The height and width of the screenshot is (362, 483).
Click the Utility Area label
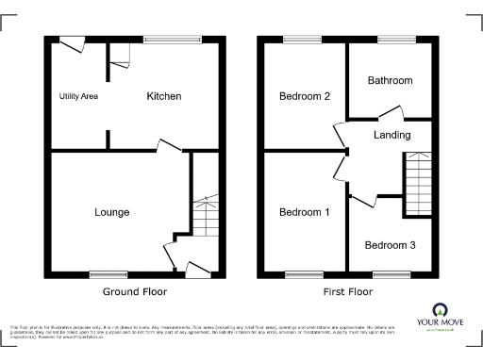78,96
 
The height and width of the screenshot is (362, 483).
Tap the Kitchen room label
163,96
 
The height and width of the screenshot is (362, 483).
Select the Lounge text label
111,212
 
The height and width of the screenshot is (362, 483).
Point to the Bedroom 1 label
304,212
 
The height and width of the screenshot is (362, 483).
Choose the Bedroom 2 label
304,96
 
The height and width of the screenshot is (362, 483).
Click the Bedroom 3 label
390,245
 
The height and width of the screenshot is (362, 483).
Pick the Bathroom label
391,80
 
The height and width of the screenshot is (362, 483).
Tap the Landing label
391,135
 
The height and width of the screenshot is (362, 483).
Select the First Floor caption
347,292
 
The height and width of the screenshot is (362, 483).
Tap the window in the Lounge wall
108,274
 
